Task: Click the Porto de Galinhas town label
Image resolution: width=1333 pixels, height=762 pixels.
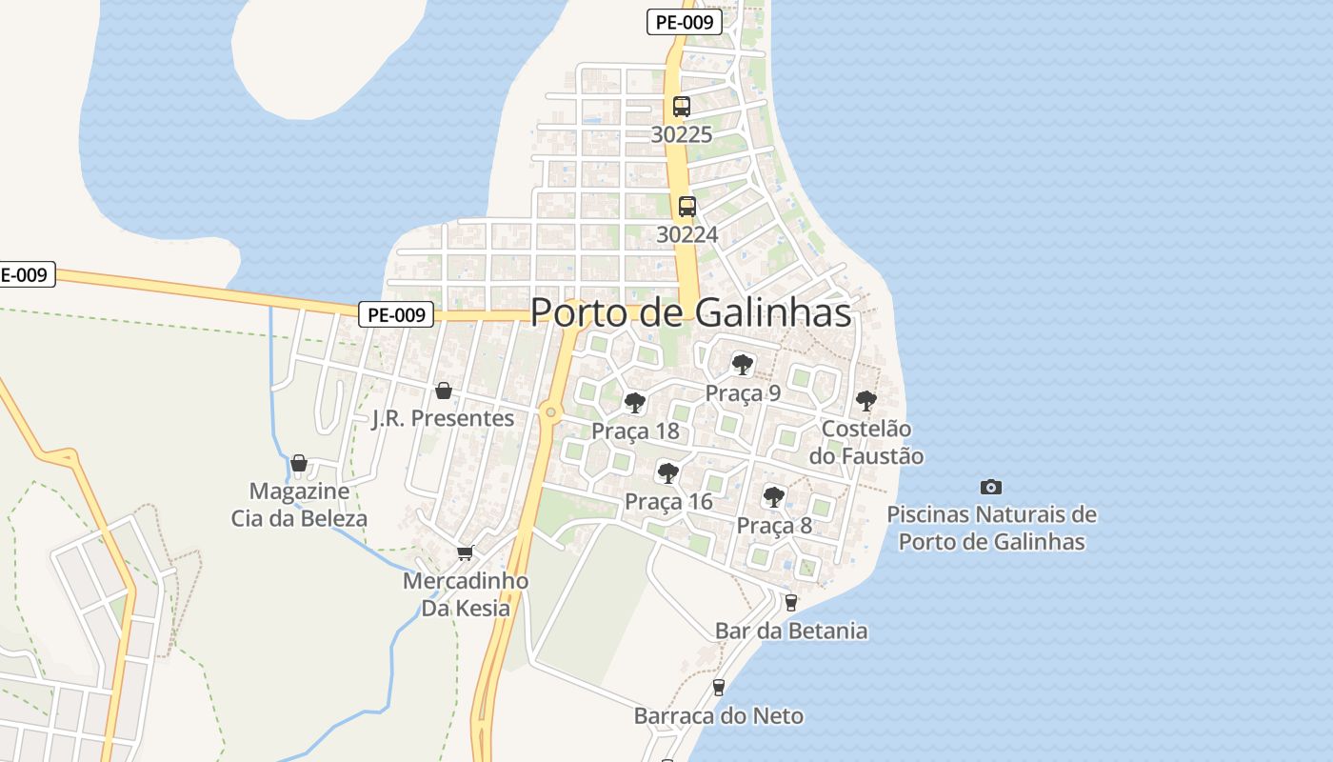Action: tap(690, 312)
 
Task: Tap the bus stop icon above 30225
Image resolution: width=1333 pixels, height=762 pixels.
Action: tap(682, 107)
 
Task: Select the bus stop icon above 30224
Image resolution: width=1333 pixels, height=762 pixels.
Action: tap(686, 206)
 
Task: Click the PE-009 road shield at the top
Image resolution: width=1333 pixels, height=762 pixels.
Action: tap(684, 22)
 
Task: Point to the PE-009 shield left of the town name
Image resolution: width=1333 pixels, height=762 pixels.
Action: tap(396, 314)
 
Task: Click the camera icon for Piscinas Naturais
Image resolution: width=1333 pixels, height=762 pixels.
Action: tap(991, 487)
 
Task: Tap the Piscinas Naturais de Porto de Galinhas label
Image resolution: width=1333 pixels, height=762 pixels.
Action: tap(991, 528)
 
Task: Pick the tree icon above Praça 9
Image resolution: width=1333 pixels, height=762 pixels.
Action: tap(743, 365)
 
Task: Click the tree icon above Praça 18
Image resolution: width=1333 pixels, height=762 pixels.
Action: tap(635, 403)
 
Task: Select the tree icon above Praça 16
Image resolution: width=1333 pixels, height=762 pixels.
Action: tap(668, 472)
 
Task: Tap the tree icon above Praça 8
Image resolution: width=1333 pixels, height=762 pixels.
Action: tap(774, 496)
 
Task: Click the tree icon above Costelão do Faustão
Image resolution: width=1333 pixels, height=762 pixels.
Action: tap(865, 400)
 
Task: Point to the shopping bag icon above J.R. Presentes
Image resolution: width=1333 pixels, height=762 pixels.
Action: tap(443, 391)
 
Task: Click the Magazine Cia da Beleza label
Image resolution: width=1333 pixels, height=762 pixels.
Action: tap(299, 505)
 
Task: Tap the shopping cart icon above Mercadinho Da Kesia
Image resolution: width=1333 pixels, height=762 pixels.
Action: tap(466, 552)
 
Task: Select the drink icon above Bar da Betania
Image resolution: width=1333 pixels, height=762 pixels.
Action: tap(790, 602)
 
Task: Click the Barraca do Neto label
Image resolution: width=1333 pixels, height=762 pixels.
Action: tap(719, 715)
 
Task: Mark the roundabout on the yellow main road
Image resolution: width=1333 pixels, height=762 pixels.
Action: tap(549, 412)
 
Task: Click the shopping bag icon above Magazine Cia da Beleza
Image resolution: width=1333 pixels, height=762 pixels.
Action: tap(299, 463)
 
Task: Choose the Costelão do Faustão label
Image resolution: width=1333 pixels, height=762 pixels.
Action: tap(865, 442)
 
